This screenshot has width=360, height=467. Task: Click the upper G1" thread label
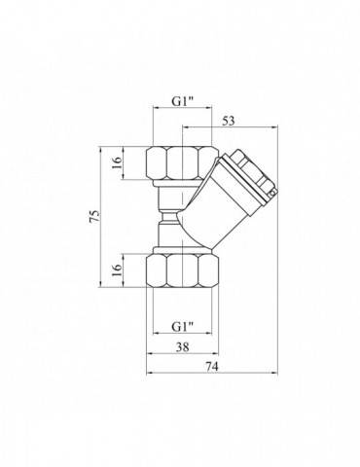pos(182,101)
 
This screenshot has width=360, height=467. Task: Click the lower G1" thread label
pos(182,327)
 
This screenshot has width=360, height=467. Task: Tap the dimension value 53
pos(228,121)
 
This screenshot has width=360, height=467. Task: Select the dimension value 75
pos(94,216)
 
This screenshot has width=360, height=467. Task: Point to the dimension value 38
pos(182,347)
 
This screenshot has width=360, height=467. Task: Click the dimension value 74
pos(212,367)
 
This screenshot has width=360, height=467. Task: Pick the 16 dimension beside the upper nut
pos(117,162)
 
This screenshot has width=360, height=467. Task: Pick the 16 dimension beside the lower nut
pos(117,269)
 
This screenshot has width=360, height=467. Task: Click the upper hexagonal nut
pos(182,163)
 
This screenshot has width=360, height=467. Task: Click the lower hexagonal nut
pos(182,270)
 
